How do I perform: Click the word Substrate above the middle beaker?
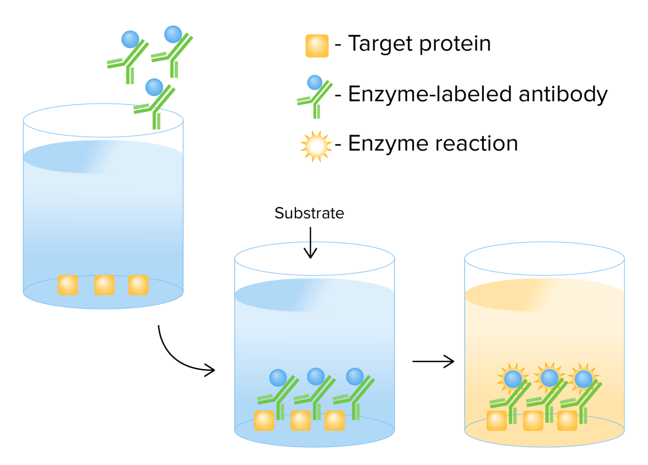click(309, 213)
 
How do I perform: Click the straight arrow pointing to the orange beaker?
click(433, 361)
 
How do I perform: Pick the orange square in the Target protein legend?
click(317, 46)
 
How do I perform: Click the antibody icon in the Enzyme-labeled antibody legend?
click(315, 96)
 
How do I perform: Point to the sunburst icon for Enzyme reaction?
click(316, 146)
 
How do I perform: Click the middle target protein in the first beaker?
click(104, 285)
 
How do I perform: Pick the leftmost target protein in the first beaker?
click(68, 285)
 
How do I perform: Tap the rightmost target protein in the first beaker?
click(138, 285)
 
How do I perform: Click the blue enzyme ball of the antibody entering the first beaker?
click(154, 87)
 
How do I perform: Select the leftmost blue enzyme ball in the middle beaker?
click(278, 378)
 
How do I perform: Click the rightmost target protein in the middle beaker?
click(335, 421)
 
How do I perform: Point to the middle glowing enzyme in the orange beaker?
click(549, 378)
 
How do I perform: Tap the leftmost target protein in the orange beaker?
click(497, 421)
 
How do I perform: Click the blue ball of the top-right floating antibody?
click(173, 34)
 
